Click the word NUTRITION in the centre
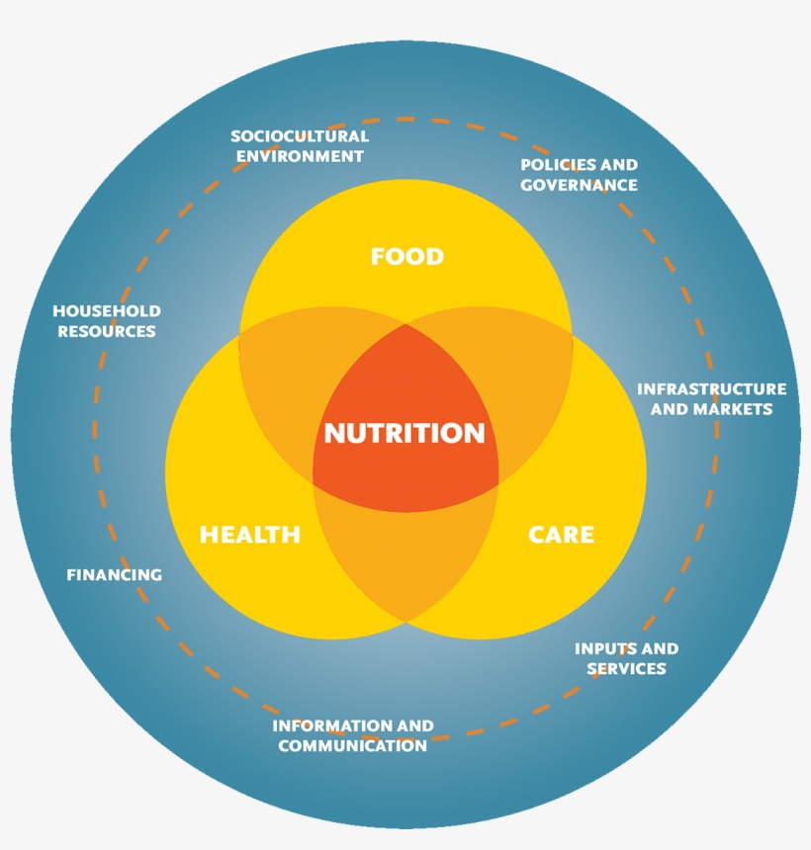pyautogui.click(x=405, y=433)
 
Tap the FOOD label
pyautogui.click(x=406, y=256)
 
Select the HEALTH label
pyautogui.click(x=250, y=535)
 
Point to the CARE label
pyautogui.click(x=561, y=535)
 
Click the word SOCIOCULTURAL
pyautogui.click(x=300, y=136)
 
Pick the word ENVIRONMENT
pyautogui.click(x=300, y=156)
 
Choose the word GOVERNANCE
pyautogui.click(x=579, y=185)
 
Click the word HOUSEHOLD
pyautogui.click(x=107, y=311)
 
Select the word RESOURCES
pyautogui.click(x=107, y=331)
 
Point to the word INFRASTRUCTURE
pyautogui.click(x=712, y=389)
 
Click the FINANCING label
pyautogui.click(x=115, y=574)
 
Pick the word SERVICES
pyautogui.click(x=627, y=669)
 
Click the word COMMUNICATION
pyautogui.click(x=353, y=746)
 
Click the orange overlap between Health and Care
pyautogui.click(x=405, y=558)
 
